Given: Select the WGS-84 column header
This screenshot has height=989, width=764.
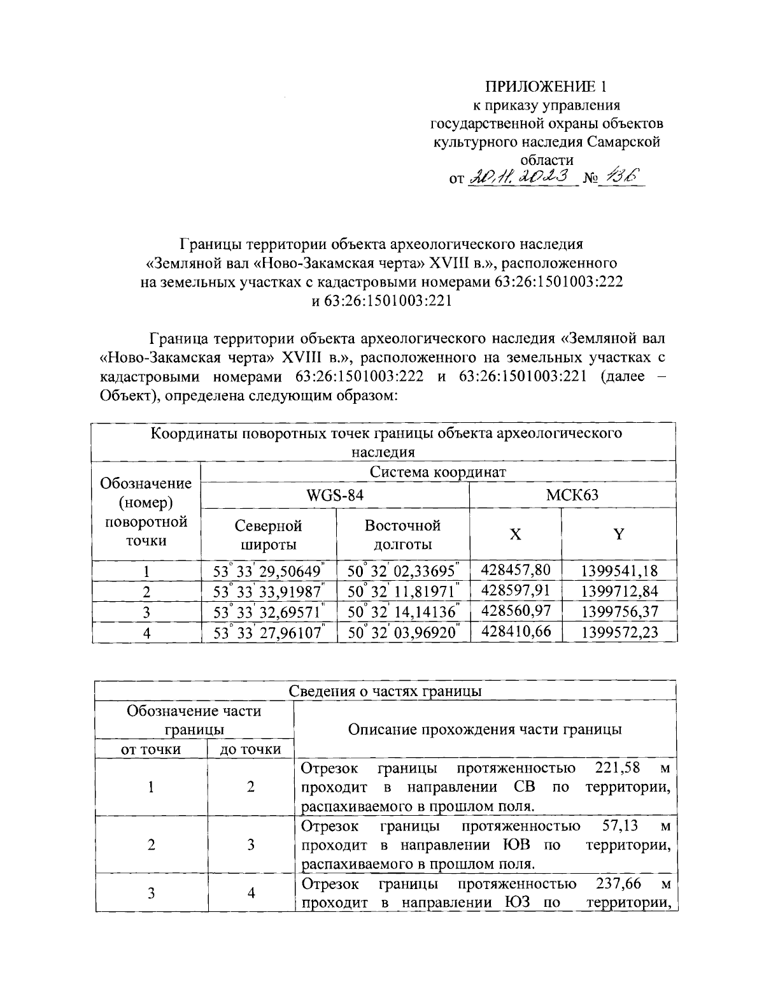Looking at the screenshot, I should click(335, 495).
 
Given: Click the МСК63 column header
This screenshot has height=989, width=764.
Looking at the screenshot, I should click(572, 495).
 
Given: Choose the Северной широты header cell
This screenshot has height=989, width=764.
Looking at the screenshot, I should click(268, 535).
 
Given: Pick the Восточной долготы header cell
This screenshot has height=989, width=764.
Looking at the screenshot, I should click(402, 535).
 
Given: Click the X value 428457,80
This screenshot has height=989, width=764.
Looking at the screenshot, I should click(516, 570).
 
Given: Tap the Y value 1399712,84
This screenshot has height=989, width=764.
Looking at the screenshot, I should click(619, 592).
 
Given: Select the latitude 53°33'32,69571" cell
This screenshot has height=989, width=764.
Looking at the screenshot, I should click(268, 612).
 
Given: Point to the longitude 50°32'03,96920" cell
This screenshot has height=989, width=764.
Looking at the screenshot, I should click(402, 632).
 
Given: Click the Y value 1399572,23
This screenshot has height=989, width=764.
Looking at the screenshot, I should click(619, 632).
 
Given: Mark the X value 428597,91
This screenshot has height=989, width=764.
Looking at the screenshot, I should click(516, 591).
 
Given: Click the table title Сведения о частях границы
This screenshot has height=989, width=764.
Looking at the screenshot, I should click(385, 692).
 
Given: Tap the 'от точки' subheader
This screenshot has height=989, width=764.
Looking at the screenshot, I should click(151, 750).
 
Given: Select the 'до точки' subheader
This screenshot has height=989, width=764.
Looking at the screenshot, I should click(250, 750).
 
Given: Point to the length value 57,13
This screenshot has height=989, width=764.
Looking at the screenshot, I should click(623, 827).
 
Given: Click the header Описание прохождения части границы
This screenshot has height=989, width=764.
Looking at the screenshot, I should click(485, 730).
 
